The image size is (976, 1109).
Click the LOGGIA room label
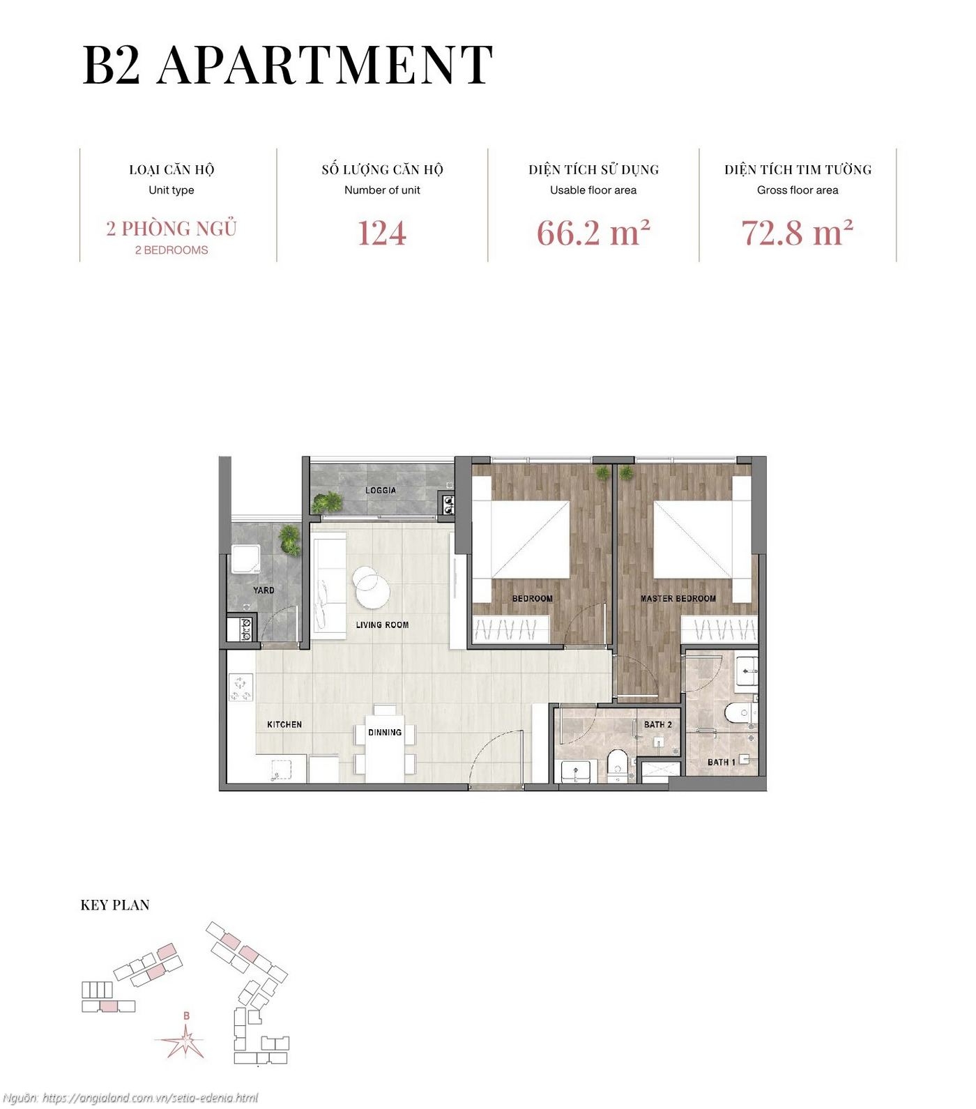point(381,491)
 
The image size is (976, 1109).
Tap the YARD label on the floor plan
point(264,590)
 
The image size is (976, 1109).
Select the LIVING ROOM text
point(382,625)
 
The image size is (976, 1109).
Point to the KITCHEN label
point(284,725)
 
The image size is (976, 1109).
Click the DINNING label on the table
point(385,733)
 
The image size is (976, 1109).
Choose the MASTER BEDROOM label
point(678,599)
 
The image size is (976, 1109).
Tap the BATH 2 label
point(657,725)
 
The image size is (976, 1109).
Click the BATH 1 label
point(721,763)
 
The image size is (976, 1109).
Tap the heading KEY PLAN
point(115,905)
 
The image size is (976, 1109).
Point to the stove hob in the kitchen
point(241,687)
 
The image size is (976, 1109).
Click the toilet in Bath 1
point(735,714)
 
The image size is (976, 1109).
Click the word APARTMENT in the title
point(325,65)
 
